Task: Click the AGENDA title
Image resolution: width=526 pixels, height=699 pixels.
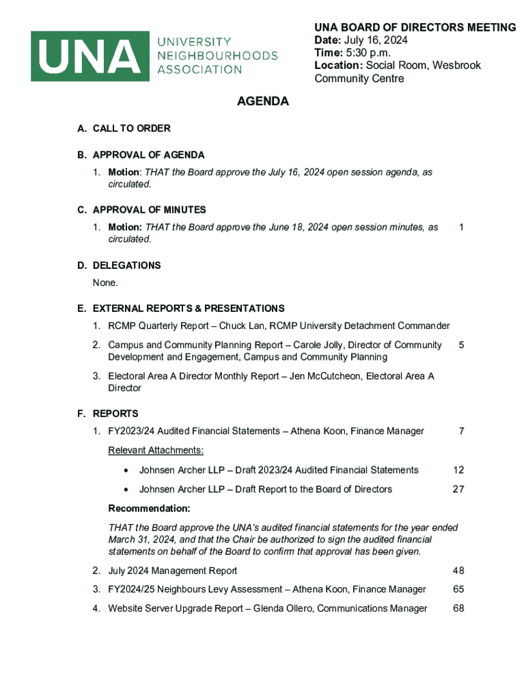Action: point(263,102)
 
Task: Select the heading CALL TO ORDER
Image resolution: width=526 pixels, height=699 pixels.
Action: point(131,128)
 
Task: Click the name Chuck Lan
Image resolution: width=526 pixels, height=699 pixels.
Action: point(240,326)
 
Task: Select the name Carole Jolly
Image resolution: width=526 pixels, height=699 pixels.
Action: point(317,345)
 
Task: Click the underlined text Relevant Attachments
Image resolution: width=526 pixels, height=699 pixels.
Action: point(156,451)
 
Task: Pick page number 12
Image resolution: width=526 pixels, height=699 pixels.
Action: point(458,470)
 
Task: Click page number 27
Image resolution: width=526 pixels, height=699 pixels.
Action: point(458,489)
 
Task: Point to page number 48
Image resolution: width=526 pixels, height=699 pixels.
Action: point(458,571)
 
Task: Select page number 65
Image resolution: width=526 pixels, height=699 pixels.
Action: point(458,590)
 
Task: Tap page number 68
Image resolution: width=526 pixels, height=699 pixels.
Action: point(458,609)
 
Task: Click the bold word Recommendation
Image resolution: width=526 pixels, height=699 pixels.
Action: point(149,509)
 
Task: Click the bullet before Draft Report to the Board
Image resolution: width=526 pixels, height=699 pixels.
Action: point(126,490)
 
